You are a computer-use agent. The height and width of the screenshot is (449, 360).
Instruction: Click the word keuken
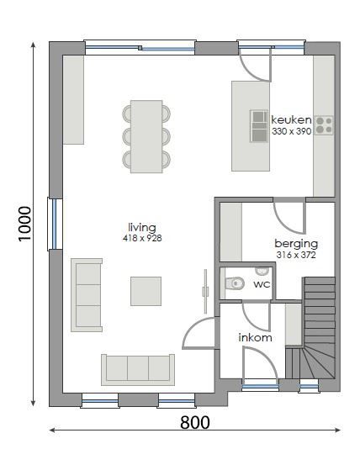click(291, 120)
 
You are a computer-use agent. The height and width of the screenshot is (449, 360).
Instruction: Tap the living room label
click(142, 228)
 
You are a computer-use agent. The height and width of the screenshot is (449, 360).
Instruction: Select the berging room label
click(296, 244)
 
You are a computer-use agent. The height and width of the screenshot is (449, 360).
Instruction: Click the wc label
click(262, 284)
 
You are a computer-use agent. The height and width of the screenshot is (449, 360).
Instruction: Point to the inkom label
click(256, 338)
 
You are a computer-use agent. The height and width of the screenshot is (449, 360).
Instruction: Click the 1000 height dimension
click(24, 224)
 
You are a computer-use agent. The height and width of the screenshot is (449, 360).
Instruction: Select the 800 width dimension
click(194, 422)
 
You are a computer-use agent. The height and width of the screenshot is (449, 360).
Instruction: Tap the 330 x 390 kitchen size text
click(291, 131)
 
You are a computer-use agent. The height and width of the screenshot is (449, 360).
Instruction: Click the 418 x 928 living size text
click(142, 239)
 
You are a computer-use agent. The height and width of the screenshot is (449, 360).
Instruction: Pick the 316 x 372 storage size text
click(296, 254)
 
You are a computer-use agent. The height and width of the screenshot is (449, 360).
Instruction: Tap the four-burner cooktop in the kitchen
click(324, 125)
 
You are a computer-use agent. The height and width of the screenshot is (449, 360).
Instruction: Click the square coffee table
click(146, 291)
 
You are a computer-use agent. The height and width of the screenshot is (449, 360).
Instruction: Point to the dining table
click(146, 136)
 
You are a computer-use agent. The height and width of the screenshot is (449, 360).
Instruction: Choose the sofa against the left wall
click(87, 293)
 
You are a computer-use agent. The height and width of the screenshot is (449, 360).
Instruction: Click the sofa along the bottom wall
click(137, 368)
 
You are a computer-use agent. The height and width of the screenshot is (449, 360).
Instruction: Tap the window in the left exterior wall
click(53, 223)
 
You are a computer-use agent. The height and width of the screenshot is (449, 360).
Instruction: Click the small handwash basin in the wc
click(262, 271)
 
